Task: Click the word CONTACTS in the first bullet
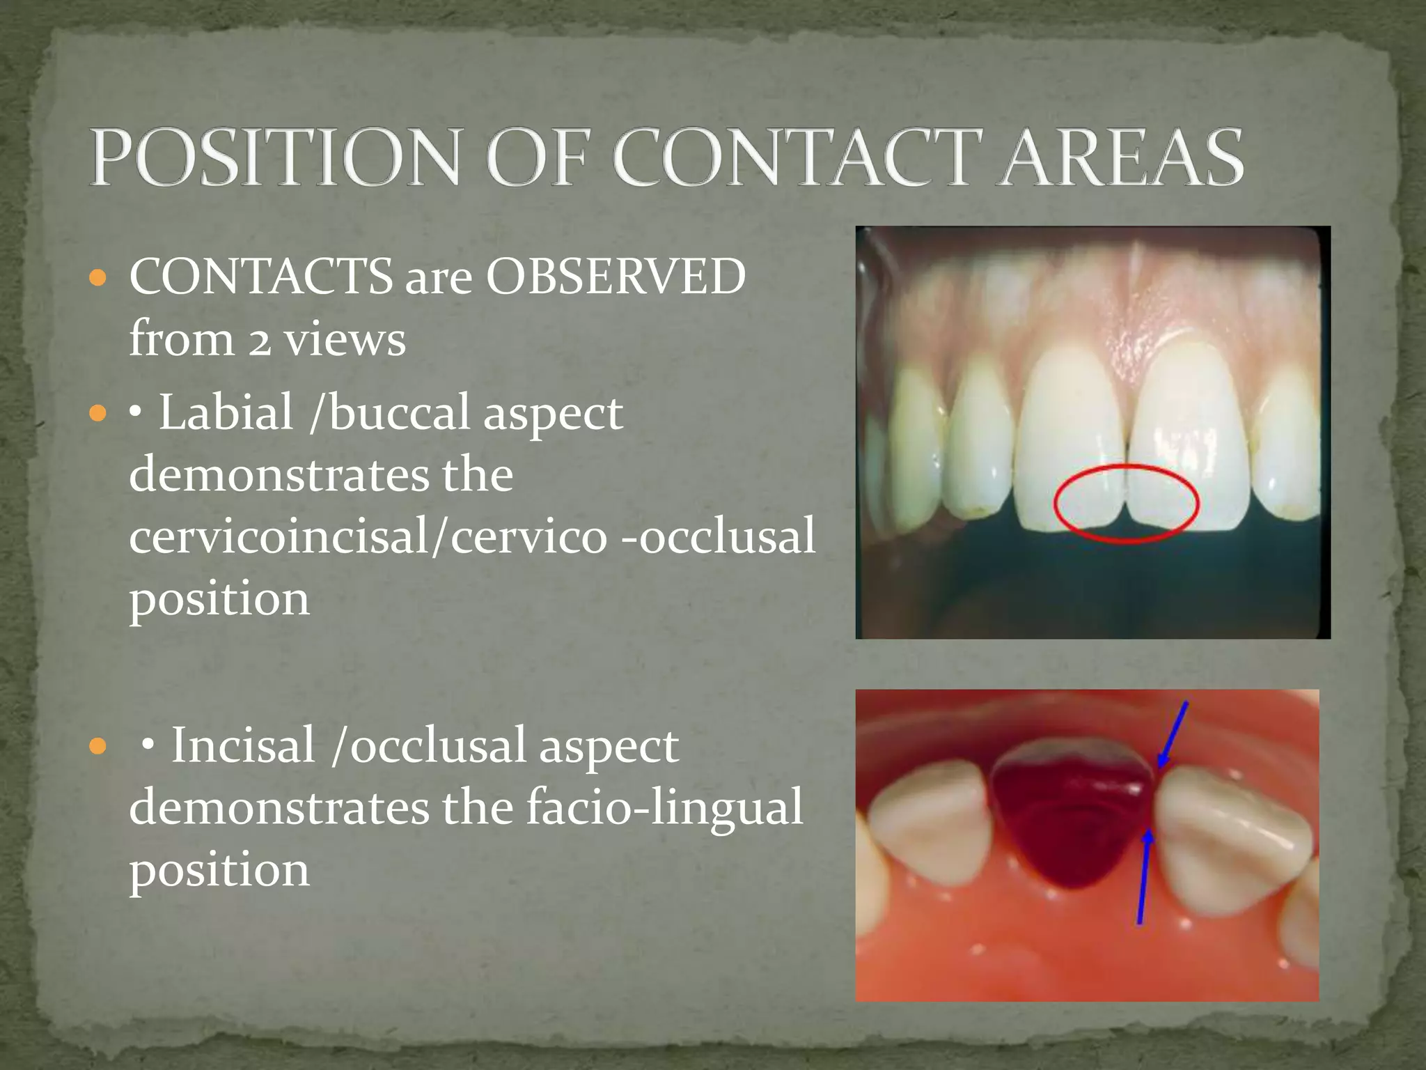(261, 277)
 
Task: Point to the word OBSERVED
(616, 277)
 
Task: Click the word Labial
(226, 412)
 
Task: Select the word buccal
(400, 412)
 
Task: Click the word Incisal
(243, 745)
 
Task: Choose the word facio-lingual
(664, 808)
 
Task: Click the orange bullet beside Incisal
(98, 747)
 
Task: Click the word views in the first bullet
(345, 341)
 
